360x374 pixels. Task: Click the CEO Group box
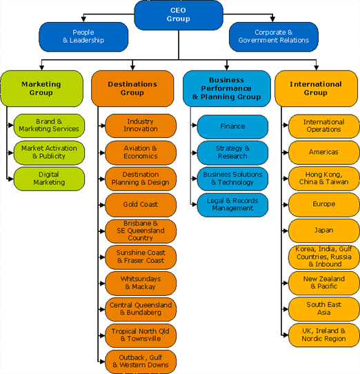[179, 14]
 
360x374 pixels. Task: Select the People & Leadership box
[83, 37]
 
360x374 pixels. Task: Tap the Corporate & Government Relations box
[274, 37]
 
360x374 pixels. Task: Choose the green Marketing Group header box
[41, 88]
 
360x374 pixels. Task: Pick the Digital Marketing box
[49, 179]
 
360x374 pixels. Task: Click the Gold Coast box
[141, 205]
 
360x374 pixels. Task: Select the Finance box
[232, 126]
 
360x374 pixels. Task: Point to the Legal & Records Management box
[232, 205]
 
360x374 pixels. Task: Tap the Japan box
[323, 230]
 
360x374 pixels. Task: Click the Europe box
[323, 204]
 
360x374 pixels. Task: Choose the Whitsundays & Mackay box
[141, 283]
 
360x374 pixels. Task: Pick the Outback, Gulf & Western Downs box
[141, 362]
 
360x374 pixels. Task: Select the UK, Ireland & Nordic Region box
[323, 335]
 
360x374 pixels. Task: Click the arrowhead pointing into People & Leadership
[83, 19]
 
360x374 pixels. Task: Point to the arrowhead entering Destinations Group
[133, 68]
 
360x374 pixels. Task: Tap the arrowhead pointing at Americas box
[286, 152]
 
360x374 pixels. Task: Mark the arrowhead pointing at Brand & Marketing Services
[11, 125]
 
